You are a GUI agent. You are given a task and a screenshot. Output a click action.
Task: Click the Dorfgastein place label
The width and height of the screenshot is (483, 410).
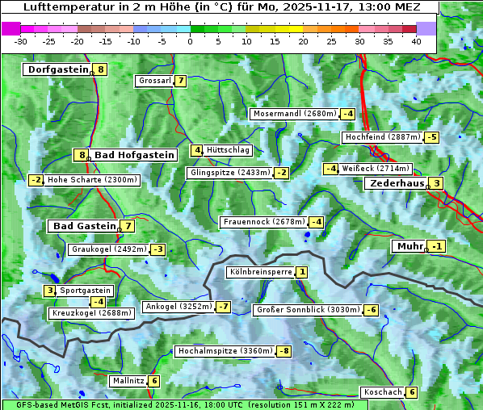pos(57,69)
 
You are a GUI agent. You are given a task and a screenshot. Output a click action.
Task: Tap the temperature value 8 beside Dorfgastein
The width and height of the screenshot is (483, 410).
pos(100,69)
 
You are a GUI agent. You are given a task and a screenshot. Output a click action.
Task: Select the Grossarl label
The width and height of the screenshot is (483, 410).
pos(155,81)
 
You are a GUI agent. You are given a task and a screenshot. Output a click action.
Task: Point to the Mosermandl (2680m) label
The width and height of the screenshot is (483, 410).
pos(294,114)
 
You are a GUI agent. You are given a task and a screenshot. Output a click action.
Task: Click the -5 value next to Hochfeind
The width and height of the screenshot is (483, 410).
pos(432,137)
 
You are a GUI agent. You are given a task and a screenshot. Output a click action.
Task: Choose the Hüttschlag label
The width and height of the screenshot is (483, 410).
pos(229,150)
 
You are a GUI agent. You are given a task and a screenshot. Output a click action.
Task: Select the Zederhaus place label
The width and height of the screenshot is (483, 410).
pos(397,183)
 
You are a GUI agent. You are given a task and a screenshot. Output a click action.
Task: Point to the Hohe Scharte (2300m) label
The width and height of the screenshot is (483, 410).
pos(92,180)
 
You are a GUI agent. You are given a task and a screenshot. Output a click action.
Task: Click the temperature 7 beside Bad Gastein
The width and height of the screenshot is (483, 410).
pos(128,226)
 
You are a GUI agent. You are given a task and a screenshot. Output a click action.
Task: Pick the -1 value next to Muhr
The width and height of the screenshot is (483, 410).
pos(437,246)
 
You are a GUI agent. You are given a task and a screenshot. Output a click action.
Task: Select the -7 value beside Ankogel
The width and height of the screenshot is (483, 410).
pos(223,307)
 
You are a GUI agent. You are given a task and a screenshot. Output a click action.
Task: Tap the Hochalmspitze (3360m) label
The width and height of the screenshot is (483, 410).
pos(225,351)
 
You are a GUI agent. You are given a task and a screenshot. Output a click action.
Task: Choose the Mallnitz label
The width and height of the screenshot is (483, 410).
pos(128,381)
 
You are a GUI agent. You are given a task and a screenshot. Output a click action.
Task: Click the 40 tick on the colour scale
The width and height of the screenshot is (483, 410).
pos(416,41)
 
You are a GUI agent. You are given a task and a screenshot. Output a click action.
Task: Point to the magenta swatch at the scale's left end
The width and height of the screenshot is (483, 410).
pos(11,28)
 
